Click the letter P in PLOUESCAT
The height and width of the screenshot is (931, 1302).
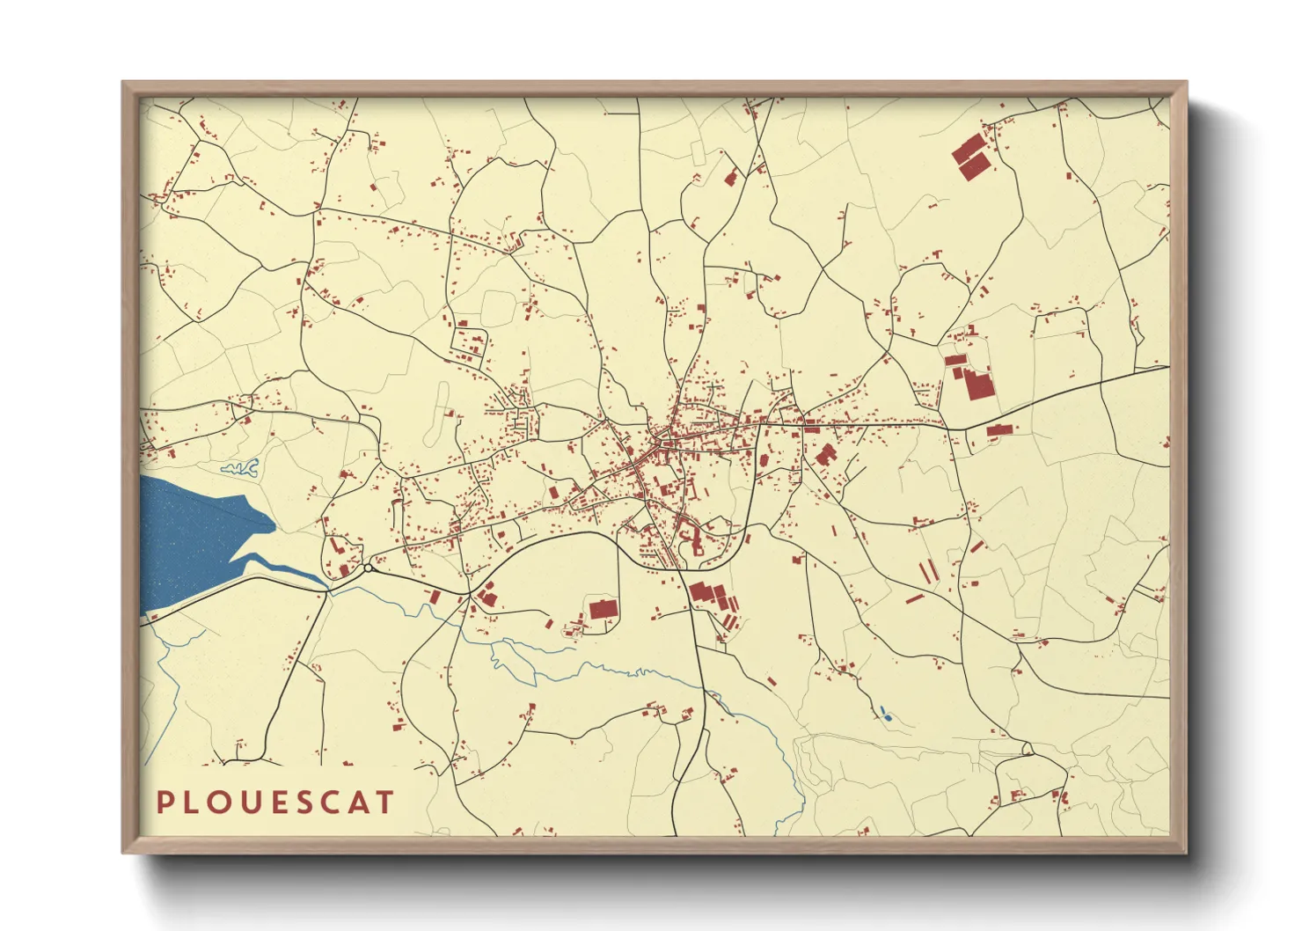click(165, 803)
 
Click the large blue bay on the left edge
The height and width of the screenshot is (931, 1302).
click(189, 537)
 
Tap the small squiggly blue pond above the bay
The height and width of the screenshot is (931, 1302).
click(240, 467)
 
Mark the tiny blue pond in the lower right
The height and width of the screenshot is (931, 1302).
click(886, 715)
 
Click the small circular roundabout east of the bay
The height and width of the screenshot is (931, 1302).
click(368, 568)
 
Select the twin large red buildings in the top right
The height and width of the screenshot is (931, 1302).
click(970, 158)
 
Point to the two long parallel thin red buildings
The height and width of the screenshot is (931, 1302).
click(928, 572)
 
